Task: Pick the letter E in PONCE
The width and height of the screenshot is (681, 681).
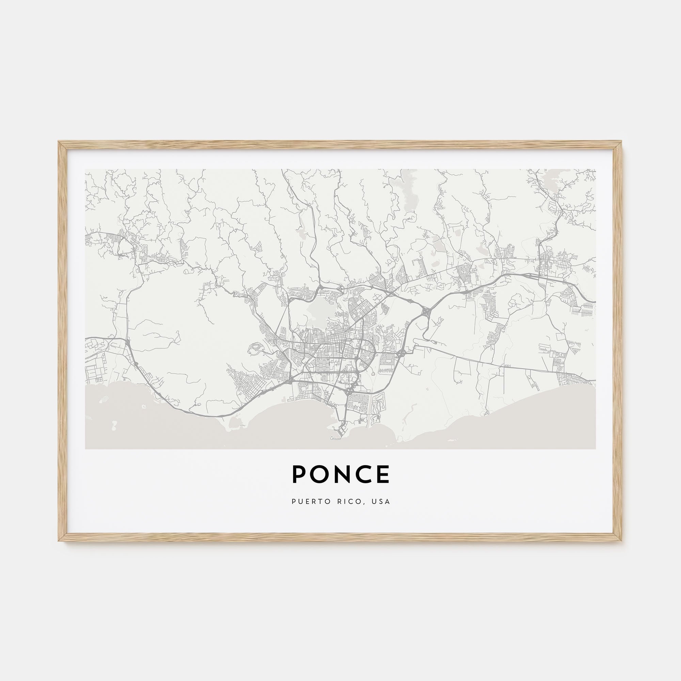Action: (x=383, y=474)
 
